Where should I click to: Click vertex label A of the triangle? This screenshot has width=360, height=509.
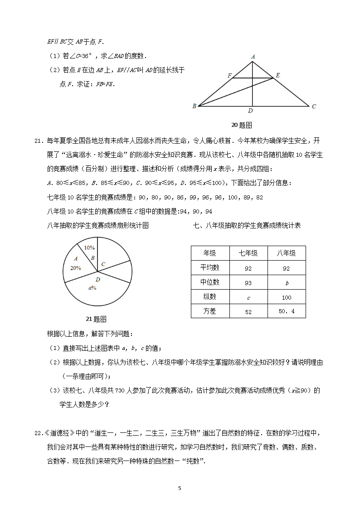(x=253, y=57)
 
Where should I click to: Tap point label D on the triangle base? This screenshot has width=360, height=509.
(x=250, y=111)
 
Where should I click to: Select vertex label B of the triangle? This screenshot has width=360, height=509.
(x=194, y=106)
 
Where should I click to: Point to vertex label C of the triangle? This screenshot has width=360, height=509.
(x=313, y=106)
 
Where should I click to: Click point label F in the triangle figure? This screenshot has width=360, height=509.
(x=230, y=75)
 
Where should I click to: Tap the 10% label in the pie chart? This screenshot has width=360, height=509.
(x=89, y=248)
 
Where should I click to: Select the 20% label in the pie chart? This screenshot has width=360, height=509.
(x=75, y=268)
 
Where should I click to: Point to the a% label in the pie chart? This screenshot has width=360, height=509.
(x=92, y=288)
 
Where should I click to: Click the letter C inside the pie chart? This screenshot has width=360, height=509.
(x=103, y=264)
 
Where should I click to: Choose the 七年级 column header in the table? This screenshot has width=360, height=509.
(x=248, y=253)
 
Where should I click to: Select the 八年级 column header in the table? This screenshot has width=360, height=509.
(x=286, y=253)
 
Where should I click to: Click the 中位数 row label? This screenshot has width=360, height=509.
(x=210, y=282)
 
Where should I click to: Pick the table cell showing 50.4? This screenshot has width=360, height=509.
(x=286, y=311)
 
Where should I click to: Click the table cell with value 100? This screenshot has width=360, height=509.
(x=286, y=297)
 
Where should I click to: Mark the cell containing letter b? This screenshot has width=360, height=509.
(x=287, y=283)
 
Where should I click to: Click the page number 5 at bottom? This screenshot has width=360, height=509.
(x=180, y=488)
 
